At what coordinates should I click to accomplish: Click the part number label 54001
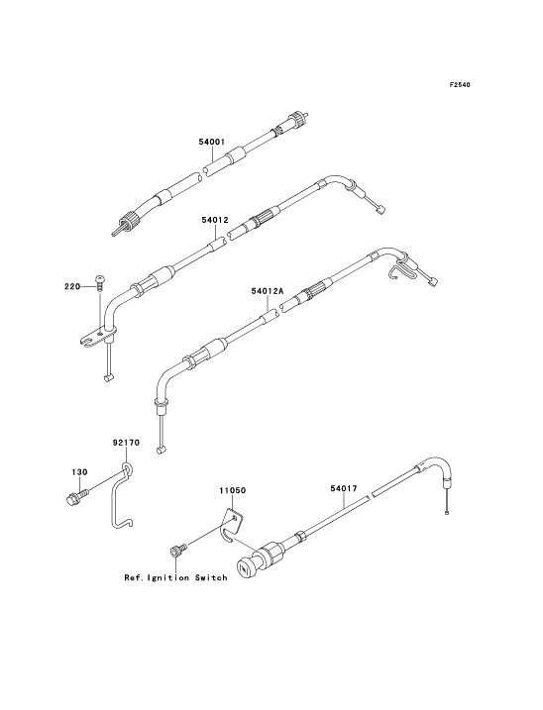[x=212, y=142]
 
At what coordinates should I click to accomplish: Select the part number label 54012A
[x=268, y=292]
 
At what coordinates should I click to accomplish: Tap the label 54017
[x=343, y=488]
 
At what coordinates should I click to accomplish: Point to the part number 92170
[x=126, y=443]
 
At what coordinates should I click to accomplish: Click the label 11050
[x=233, y=490]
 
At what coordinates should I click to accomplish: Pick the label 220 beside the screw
[x=71, y=286]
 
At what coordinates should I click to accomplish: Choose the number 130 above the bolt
[x=79, y=471]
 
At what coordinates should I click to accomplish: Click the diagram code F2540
[x=460, y=85]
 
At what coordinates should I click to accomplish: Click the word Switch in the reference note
[x=211, y=577]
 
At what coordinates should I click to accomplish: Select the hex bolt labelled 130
[x=75, y=497]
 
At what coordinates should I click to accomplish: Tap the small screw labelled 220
[x=100, y=281]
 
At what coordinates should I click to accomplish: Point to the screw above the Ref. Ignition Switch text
[x=176, y=551]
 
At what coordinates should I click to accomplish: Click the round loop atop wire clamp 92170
[x=127, y=466]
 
